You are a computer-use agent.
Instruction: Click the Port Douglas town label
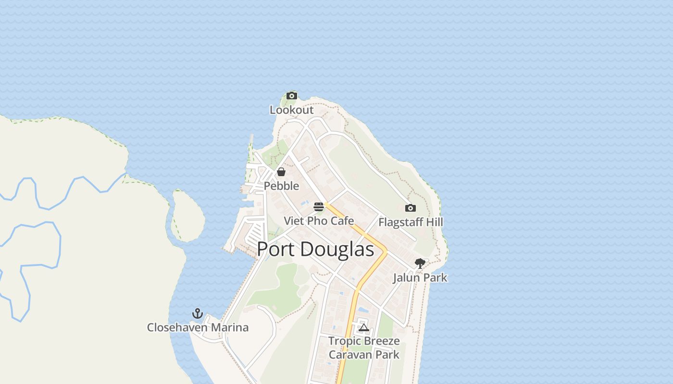pyautogui.click(x=315, y=250)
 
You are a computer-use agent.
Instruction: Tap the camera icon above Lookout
pyautogui.click(x=292, y=96)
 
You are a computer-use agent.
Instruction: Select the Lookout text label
pyautogui.click(x=291, y=110)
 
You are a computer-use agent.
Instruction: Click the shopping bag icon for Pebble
pyautogui.click(x=281, y=172)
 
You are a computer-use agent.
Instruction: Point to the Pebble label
pyautogui.click(x=281, y=186)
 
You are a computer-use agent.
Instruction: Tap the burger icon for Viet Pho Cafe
pyautogui.click(x=319, y=207)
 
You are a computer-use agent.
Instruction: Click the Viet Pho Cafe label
pyautogui.click(x=319, y=221)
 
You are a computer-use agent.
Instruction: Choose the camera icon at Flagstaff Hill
pyautogui.click(x=410, y=208)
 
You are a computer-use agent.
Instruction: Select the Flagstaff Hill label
pyautogui.click(x=411, y=222)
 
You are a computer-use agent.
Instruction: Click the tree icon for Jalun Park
pyautogui.click(x=420, y=263)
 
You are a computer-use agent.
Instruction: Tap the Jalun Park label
pyautogui.click(x=420, y=277)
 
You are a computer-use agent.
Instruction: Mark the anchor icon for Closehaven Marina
pyautogui.click(x=198, y=313)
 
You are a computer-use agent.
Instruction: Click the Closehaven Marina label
pyautogui.click(x=198, y=327)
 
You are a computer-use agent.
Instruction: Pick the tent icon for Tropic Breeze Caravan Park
pyautogui.click(x=364, y=328)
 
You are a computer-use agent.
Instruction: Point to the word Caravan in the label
pyautogui.click(x=350, y=355)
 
